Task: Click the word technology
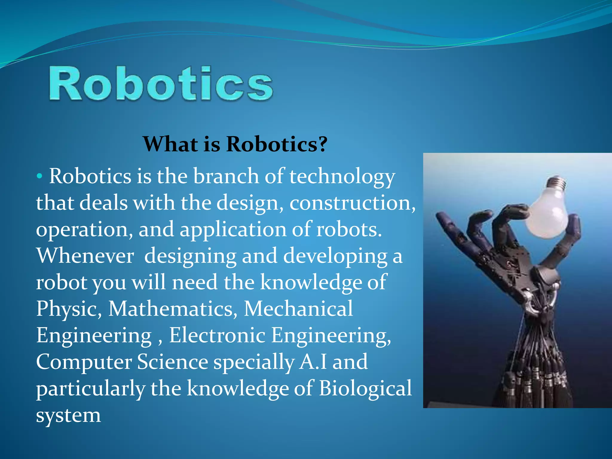pyautogui.click(x=342, y=177)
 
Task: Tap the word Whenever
pyautogui.click(x=85, y=256)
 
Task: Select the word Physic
pyautogui.click(x=68, y=309)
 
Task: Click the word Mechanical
pyautogui.click(x=298, y=309)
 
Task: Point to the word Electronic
pyautogui.click(x=217, y=335)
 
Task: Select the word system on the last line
pyautogui.click(x=68, y=415)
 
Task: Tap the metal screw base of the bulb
pyautogui.click(x=558, y=183)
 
